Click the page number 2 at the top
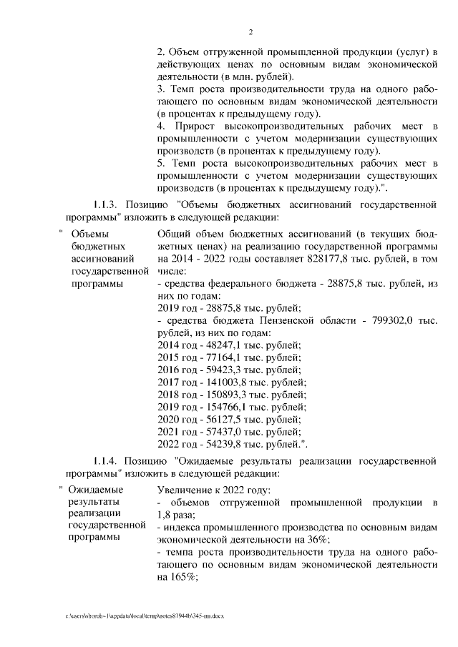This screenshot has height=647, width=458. click(x=251, y=31)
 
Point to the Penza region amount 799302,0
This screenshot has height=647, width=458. click(x=391, y=321)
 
